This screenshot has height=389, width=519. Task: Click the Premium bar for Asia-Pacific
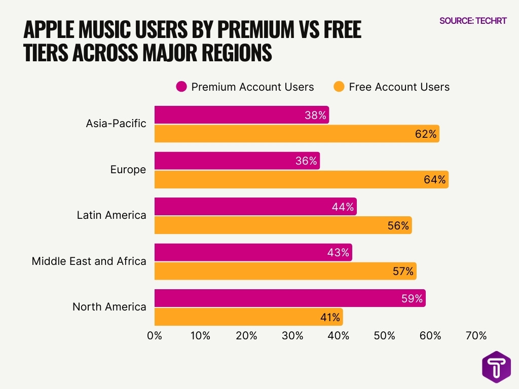point(241,115)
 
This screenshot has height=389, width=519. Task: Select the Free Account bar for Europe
point(301,179)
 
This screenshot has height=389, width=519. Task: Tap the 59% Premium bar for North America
point(289,298)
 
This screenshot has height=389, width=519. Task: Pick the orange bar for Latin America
point(283,225)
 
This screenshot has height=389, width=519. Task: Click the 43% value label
point(339,253)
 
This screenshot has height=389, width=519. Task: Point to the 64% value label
point(435,179)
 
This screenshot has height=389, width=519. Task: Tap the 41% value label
point(330,318)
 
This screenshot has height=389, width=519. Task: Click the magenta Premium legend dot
point(181,87)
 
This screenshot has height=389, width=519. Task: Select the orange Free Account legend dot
point(339,87)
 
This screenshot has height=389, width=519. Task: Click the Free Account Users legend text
point(399,87)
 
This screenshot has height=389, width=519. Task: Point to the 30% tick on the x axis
point(292,335)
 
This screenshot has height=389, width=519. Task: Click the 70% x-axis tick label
point(476,335)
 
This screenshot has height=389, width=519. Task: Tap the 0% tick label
point(154,335)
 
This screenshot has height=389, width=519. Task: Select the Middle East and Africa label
point(89,261)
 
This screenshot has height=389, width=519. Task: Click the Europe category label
point(128,170)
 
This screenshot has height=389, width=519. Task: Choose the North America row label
point(109,306)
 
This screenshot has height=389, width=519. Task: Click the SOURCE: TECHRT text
point(473,21)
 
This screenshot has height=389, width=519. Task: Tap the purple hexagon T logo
point(496,367)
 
